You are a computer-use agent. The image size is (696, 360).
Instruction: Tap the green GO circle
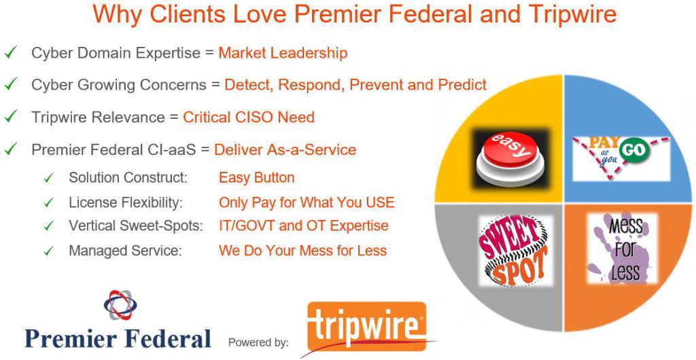[x=631, y=151]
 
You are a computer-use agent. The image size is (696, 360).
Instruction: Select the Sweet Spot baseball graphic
[x=513, y=250]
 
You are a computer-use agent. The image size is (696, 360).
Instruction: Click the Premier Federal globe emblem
[x=120, y=305]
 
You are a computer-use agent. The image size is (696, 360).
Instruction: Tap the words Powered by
[x=258, y=342]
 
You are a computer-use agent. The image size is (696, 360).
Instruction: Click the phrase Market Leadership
[x=283, y=53]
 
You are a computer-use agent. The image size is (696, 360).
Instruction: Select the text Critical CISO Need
[x=248, y=117]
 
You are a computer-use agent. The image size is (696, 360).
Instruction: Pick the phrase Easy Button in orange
[x=256, y=178]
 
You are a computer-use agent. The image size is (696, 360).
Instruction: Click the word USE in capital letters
[x=378, y=202]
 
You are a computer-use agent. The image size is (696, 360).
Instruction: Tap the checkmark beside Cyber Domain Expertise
[x=11, y=52]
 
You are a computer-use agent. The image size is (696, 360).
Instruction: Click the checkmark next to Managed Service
[x=48, y=251]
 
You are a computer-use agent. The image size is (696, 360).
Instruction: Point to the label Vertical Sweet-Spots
[x=136, y=226]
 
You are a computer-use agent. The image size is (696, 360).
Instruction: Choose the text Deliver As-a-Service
[x=285, y=149]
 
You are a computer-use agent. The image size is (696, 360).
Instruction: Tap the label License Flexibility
[x=126, y=202]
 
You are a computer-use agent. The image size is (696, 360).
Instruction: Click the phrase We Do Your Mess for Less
[x=302, y=251]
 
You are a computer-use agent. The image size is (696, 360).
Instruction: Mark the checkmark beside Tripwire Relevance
[x=11, y=116]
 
